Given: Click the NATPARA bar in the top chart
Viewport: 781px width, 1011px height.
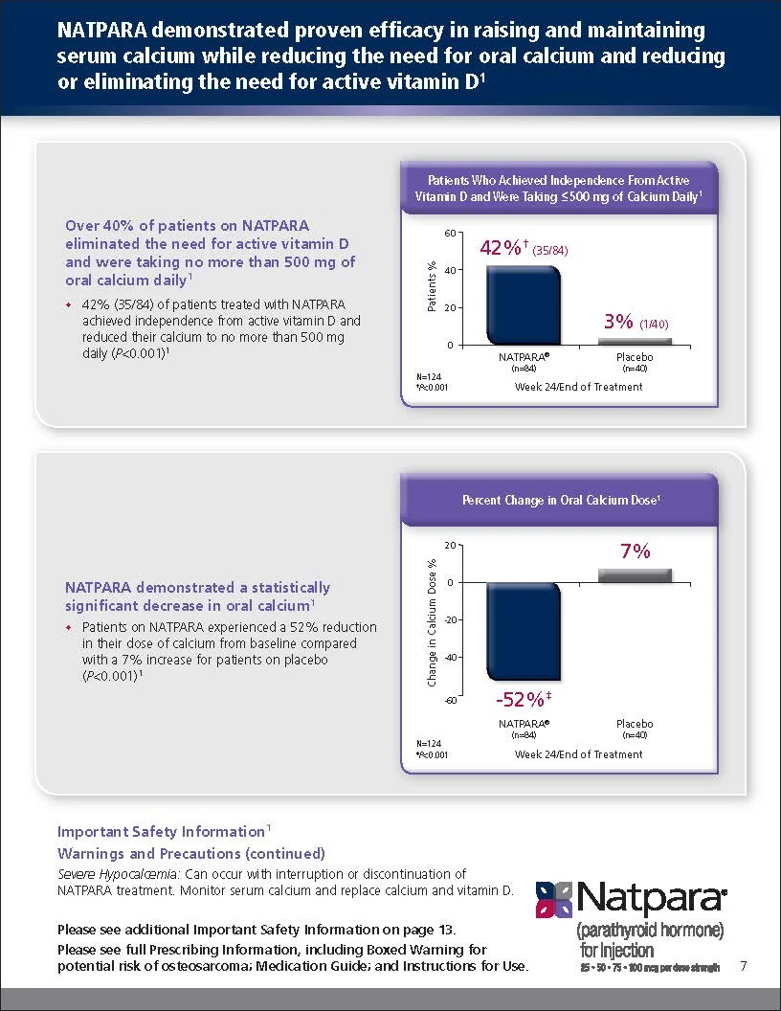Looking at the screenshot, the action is point(524,305).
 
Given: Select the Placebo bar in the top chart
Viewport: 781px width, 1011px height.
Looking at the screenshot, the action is point(635,342).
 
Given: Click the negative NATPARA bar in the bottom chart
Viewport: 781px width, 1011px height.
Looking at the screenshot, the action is point(524,631).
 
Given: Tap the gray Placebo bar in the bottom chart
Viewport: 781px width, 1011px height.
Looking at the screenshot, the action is point(635,575).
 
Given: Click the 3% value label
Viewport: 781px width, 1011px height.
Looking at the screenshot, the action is point(618,321).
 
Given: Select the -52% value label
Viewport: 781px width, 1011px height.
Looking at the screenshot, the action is point(524,699).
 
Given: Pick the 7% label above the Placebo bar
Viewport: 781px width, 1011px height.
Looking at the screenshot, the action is point(636,551).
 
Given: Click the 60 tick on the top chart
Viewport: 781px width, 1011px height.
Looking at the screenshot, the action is point(450,233).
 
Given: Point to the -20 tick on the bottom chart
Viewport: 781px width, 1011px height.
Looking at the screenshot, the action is point(449,619).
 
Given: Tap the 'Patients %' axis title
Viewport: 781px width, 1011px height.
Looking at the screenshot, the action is point(432,286).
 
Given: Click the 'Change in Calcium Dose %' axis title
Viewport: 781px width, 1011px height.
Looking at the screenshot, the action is point(432,622).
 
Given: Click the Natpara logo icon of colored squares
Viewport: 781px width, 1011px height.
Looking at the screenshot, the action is point(554,899).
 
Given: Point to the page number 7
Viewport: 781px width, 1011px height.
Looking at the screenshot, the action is point(744,965).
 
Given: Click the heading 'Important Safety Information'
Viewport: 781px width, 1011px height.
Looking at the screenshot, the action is point(161,832).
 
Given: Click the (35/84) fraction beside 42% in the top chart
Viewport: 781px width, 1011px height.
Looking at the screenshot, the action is point(550,251).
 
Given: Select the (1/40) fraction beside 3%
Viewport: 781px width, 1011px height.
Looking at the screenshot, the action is point(654,325).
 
